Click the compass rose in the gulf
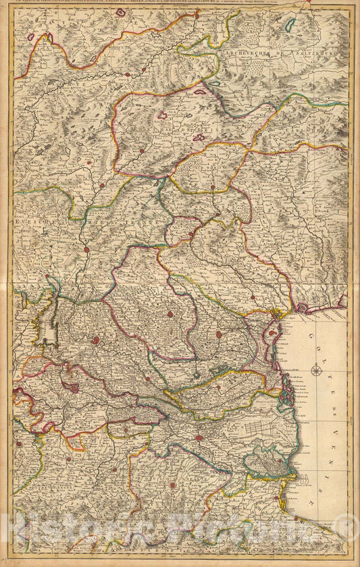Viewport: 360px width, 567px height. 315,369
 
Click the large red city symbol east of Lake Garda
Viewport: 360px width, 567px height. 96,341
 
